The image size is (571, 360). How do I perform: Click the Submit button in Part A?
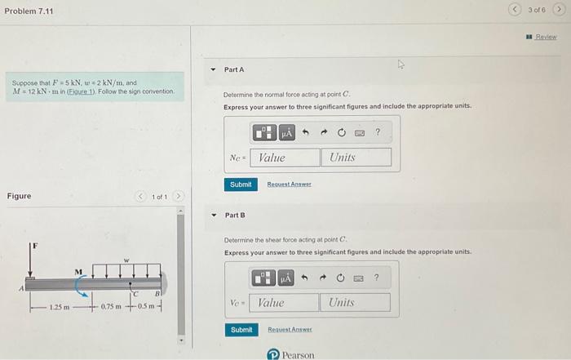tap(241, 184)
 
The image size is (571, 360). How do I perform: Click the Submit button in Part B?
tap(241, 330)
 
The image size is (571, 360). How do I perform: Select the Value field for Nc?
tap(285, 157)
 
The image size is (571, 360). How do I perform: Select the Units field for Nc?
tap(356, 157)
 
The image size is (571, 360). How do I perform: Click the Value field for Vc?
tap(285, 303)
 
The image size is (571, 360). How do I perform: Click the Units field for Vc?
tap(355, 303)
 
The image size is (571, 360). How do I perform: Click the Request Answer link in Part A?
tap(289, 184)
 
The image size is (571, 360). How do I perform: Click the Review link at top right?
tap(546, 37)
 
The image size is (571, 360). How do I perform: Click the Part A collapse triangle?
tap(213, 70)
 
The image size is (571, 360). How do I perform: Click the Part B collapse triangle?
tap(213, 216)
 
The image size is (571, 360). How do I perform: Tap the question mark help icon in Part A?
tap(378, 132)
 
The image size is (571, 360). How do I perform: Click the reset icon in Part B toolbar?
tap(341, 278)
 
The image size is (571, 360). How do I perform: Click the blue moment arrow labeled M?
tap(82, 285)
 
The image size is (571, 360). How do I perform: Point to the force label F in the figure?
tap(34, 246)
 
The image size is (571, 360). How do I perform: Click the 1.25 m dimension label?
tap(59, 307)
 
